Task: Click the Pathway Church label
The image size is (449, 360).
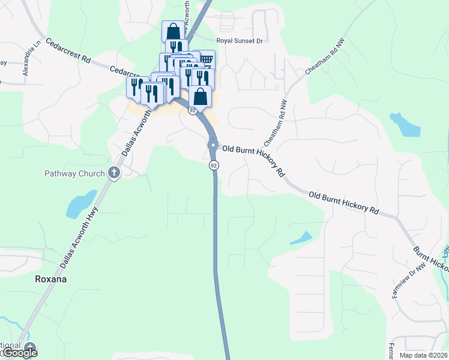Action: pos(75,174)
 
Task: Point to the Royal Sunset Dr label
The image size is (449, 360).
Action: pos(240,42)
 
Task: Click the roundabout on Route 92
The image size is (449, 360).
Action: pos(213,145)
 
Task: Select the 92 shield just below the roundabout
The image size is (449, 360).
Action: pos(214,164)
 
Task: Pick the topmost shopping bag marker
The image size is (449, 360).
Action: pos(173,31)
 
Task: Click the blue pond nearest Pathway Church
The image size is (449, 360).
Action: pos(80,204)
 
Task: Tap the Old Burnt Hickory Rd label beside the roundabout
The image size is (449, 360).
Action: pos(252,158)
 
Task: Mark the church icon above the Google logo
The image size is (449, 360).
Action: pos(29,346)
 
